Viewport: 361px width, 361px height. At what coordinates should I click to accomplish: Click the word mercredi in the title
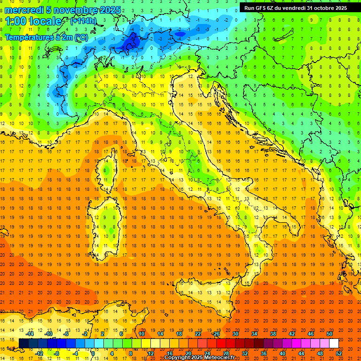tap(24, 10)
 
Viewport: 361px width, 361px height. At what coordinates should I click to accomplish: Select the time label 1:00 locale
tap(34, 21)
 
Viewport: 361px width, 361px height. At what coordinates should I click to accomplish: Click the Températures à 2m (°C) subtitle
tap(46, 37)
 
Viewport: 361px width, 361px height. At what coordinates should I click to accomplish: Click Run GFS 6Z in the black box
tap(260, 8)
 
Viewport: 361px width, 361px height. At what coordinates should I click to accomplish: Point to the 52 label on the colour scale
tap(338, 353)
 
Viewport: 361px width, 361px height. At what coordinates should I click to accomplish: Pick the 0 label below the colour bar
tap(93, 353)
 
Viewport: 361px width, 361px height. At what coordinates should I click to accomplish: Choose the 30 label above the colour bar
tap(235, 333)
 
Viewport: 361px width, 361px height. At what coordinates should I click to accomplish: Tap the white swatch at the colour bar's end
tap(334, 343)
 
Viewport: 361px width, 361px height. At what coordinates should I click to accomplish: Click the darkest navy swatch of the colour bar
tap(24, 343)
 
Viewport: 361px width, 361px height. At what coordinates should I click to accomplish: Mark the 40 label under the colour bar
tap(282, 353)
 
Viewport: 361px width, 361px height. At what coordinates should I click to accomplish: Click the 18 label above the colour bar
tap(179, 333)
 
